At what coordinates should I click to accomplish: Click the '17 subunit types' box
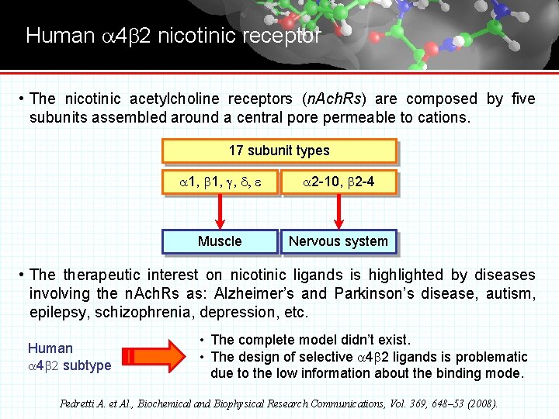(279, 151)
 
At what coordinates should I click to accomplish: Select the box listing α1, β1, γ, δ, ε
(220, 182)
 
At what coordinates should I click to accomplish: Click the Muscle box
(220, 241)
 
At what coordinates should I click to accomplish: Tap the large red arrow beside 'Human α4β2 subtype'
(155, 356)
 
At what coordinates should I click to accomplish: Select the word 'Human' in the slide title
(59, 36)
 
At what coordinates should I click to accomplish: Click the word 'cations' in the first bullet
(444, 118)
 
